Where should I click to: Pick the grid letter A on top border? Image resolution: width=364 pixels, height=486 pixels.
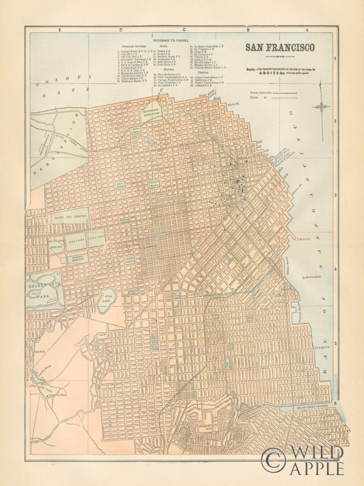(x=309, y=29)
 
